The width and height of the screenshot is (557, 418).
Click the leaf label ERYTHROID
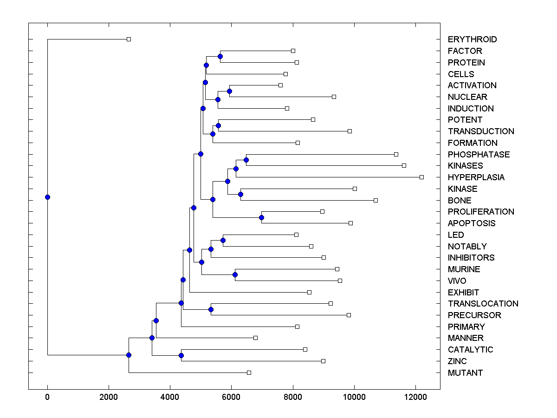coord(472,39)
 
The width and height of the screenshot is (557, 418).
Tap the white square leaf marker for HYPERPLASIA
coord(421,177)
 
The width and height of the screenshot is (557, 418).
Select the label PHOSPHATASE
coord(479,154)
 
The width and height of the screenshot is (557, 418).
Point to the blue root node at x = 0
coord(47,197)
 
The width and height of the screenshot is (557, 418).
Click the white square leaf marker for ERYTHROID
coord(129,39)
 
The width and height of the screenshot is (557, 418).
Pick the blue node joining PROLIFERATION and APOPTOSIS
coord(261,217)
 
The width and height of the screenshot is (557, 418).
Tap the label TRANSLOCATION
coord(483,304)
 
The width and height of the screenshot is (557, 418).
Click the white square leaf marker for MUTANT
coord(249,372)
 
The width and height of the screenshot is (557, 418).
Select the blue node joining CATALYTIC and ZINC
coord(181,355)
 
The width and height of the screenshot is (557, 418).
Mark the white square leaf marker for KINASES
coord(404,165)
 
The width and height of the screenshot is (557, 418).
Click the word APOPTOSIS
coord(472,223)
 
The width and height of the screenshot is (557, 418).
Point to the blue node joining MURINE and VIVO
coord(235,274)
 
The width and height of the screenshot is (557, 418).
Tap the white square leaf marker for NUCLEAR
coord(334,97)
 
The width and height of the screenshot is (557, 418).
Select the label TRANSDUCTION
coord(481,131)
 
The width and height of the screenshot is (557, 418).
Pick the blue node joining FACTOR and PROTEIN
coord(220,56)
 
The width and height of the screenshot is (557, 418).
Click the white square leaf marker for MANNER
coord(255,338)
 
